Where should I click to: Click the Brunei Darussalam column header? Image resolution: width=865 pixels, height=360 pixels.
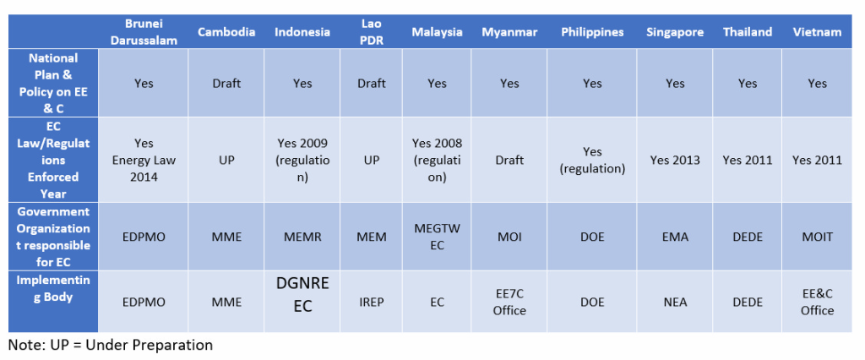coord(144,32)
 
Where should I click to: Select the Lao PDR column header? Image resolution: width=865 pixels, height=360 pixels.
coord(371,32)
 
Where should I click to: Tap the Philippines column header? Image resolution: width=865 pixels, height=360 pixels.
coord(592,32)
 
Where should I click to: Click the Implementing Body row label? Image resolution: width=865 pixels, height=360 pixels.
coord(53,288)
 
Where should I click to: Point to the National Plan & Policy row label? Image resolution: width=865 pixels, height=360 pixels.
coord(53,83)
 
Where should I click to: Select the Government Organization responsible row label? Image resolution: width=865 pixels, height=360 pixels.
coord(53,237)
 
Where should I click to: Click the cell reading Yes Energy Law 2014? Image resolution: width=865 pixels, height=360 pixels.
coord(144,160)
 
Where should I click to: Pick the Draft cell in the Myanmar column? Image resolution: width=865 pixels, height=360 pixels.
coord(509,160)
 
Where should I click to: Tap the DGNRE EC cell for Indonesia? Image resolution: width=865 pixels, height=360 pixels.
coord(302,295)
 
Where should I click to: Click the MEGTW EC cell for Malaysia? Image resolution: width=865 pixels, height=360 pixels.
coord(437,237)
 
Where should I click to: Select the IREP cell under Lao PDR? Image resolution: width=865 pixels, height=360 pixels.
coord(371,302)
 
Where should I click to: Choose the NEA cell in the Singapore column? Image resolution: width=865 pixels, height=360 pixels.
coord(675,302)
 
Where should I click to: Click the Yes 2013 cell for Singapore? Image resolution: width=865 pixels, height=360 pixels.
coord(675,160)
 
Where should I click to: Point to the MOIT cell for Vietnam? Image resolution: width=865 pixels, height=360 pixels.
coord(817,237)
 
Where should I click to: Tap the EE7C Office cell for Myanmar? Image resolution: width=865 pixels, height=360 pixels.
coord(509,302)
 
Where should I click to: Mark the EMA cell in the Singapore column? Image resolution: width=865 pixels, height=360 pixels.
coord(675,237)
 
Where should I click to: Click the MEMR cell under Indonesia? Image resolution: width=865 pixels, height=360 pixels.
coord(302,237)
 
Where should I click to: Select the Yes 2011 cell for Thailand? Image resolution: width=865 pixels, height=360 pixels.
coord(748,160)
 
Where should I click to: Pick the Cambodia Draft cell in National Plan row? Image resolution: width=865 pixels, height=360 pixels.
coord(226,84)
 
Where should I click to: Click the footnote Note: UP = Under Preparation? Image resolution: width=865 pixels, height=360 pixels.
coord(111,345)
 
